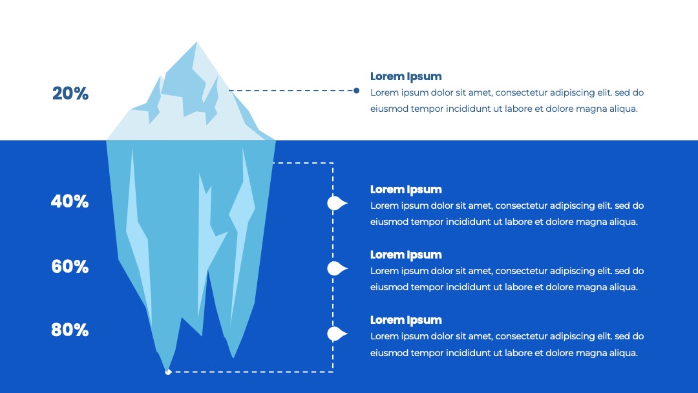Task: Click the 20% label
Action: tap(70, 94)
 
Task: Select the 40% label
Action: tap(70, 202)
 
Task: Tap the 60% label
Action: tap(70, 266)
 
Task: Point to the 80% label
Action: tap(70, 330)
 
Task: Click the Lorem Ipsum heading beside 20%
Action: tap(406, 76)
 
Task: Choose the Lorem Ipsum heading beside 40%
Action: tap(406, 189)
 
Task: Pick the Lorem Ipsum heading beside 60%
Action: tap(406, 255)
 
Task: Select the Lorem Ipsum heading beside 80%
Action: tap(406, 320)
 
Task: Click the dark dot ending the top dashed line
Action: tap(356, 90)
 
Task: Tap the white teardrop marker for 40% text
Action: tap(337, 204)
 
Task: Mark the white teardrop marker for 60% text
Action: tap(337, 269)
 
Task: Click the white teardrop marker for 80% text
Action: tap(337, 334)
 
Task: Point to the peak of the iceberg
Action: tap(196, 42)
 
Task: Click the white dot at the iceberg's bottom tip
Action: tap(168, 372)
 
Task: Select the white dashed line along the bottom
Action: tap(251, 372)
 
